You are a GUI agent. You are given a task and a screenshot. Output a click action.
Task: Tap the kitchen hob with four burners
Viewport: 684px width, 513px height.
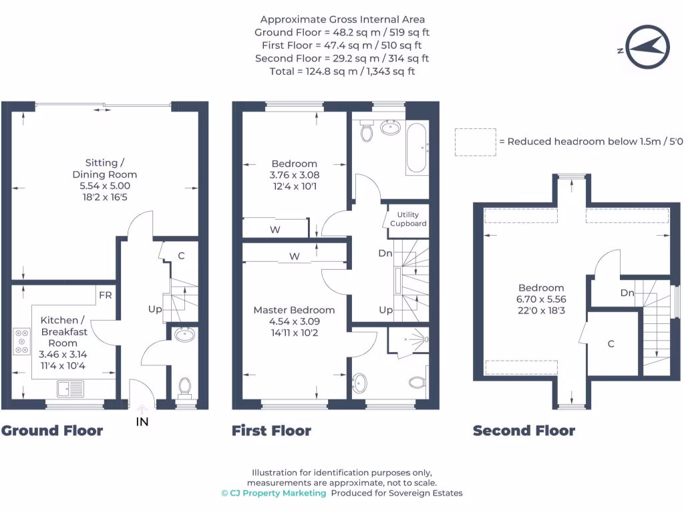(x=21, y=341)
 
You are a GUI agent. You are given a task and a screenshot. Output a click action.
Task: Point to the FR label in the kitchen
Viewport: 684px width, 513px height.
(x=106, y=295)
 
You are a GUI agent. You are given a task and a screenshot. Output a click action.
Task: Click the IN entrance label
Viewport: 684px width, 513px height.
(x=142, y=421)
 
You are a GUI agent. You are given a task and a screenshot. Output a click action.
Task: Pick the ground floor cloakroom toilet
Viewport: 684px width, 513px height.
(x=184, y=387)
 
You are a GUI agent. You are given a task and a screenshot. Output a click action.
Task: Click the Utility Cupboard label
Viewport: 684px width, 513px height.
(x=408, y=218)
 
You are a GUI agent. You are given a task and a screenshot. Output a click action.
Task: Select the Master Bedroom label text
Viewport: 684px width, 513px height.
(x=294, y=310)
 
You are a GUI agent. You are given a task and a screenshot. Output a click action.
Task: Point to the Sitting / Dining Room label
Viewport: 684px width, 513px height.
(x=105, y=168)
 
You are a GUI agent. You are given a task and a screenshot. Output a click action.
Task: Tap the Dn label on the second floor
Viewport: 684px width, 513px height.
(x=627, y=293)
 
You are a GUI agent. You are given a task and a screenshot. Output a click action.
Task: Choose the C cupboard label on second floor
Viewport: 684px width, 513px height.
(x=611, y=344)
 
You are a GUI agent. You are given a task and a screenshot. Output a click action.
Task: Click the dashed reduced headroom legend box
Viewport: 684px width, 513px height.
(x=475, y=142)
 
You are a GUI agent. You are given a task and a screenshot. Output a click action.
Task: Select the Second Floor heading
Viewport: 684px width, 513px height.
(x=524, y=431)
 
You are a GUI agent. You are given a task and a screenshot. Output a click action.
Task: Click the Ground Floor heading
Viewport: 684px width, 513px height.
(x=52, y=431)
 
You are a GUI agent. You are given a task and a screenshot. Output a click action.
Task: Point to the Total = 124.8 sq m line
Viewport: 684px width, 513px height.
(x=342, y=71)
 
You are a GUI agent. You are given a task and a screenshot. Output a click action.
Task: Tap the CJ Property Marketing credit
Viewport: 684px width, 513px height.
(x=274, y=493)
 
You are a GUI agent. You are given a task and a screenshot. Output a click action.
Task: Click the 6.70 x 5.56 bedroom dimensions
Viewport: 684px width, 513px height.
(x=540, y=299)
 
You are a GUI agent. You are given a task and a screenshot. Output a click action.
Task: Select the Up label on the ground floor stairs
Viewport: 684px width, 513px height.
(x=155, y=309)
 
